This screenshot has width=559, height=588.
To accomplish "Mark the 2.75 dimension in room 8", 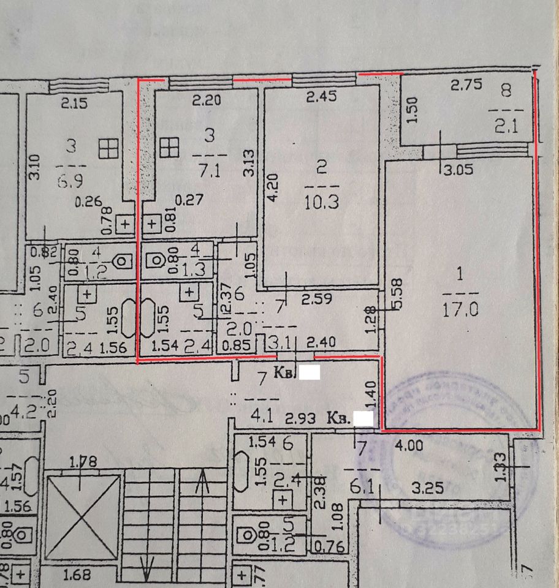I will pos(466,85).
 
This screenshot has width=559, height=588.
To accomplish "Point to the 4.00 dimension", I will pos(409,446).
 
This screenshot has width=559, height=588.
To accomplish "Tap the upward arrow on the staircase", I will pos(203,487).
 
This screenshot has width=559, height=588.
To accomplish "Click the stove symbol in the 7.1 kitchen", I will pos(169,147).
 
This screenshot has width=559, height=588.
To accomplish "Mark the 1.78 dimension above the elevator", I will pos(82,461).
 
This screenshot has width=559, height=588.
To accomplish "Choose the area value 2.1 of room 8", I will pos(504,127).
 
